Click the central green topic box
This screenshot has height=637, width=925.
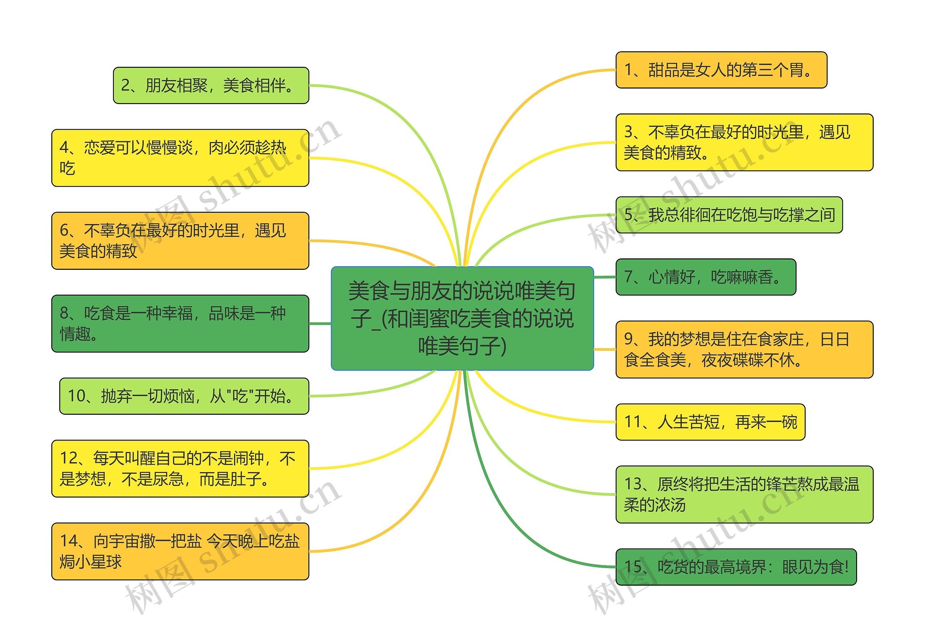pos(462,318)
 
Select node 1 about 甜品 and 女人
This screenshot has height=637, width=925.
pos(721,70)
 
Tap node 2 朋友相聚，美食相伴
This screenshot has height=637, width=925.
pos(211,85)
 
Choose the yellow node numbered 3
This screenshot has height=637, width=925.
pos(744,142)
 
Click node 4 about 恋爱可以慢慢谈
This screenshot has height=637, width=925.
pos(180,158)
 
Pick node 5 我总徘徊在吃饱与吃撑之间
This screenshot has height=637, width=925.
pos(729,215)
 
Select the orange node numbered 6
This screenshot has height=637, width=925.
pos(180,241)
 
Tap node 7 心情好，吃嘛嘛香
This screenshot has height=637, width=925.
pos(706,277)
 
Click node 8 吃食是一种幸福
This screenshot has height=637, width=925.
pos(180,323)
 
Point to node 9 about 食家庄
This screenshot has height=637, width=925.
pos(744,349)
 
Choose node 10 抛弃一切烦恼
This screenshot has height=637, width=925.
pos(184,396)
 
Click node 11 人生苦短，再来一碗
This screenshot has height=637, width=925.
pos(710,422)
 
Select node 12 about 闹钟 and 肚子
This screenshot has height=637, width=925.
pos(180,468)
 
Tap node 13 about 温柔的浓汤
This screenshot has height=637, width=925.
pos(744,494)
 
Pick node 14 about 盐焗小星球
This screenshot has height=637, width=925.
pos(180,551)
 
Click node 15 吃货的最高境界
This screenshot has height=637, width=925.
pos(736,567)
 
